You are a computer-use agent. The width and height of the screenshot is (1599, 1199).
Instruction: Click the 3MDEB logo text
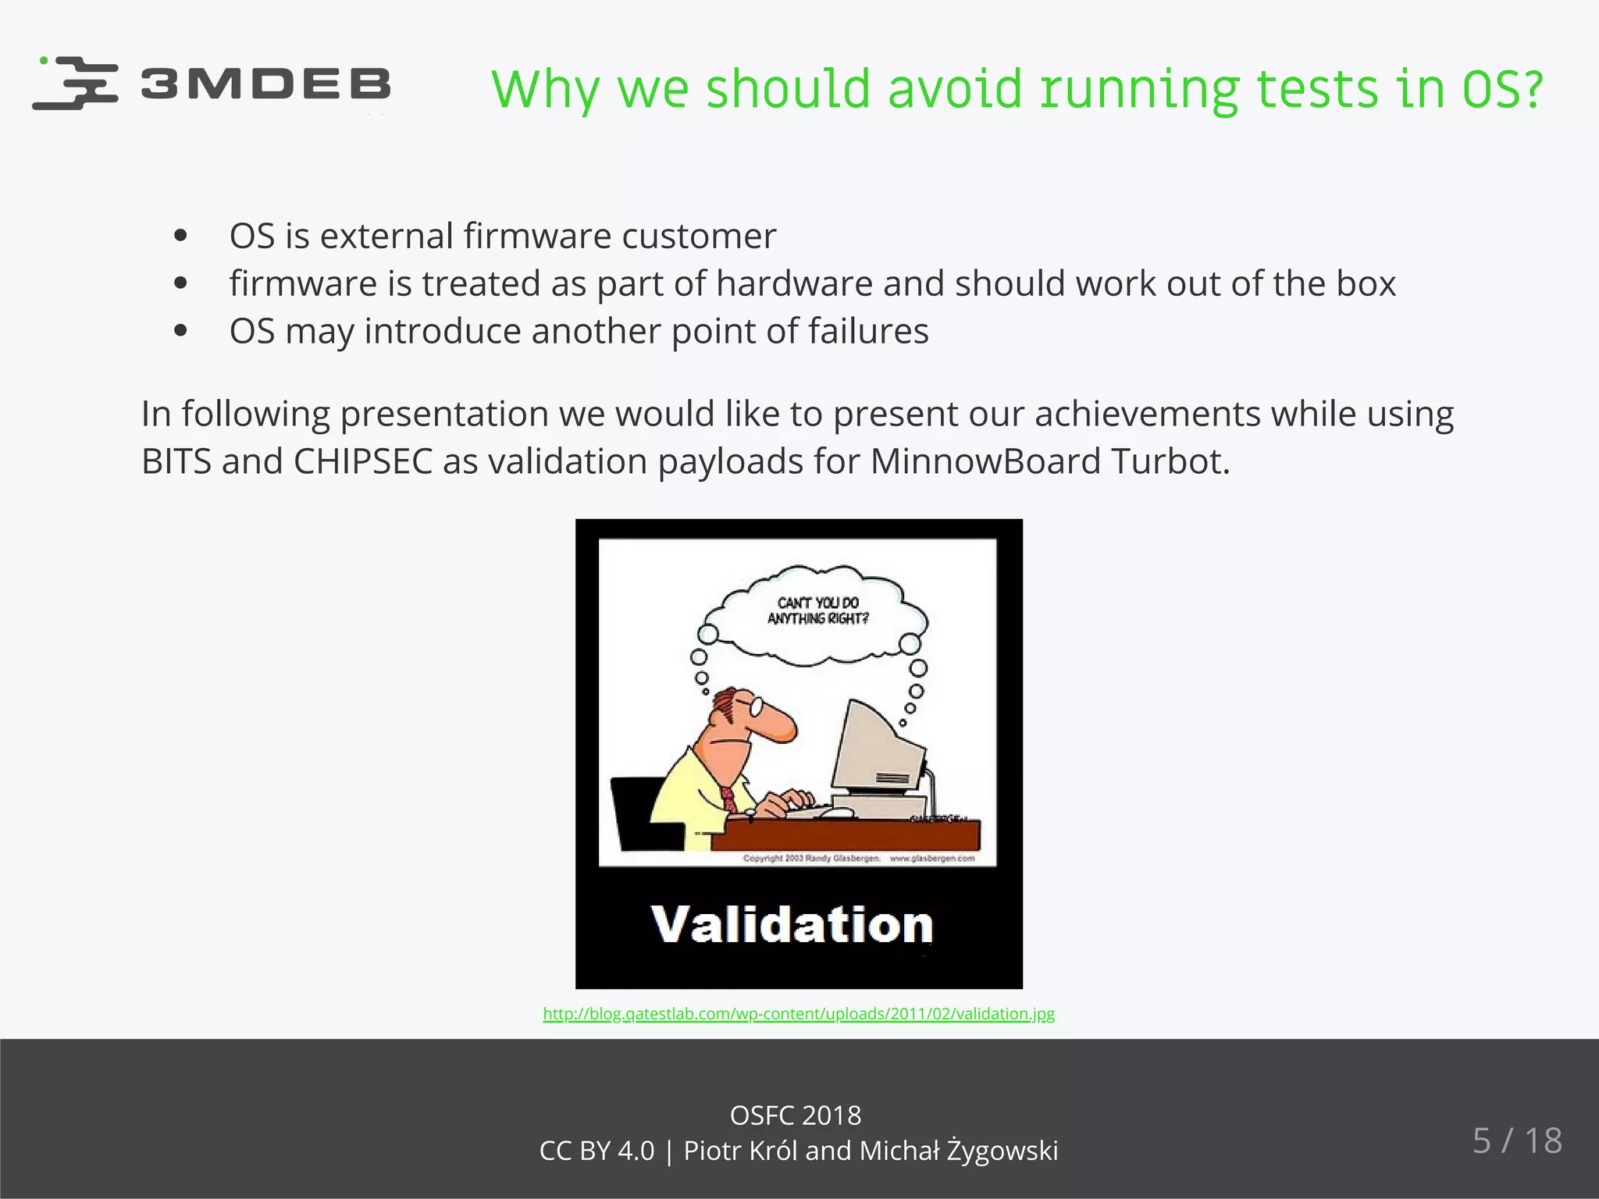[265, 84]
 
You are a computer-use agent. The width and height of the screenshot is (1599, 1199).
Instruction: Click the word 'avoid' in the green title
[954, 89]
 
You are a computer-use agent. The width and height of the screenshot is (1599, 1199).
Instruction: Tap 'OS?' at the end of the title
[1502, 89]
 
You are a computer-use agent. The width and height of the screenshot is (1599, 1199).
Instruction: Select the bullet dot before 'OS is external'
[181, 236]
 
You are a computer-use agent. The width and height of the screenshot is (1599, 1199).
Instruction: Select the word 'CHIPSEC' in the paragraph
[363, 461]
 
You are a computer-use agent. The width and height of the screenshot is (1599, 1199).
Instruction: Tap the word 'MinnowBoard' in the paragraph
[985, 461]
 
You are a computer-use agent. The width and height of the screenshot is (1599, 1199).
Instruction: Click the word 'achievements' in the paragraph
[1147, 414]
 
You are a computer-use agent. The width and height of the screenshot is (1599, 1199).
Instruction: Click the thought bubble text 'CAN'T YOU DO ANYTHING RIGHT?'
[817, 610]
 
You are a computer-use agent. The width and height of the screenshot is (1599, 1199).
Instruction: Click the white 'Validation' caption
[792, 925]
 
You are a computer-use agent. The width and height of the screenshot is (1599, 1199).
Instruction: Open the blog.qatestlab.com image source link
[799, 1014]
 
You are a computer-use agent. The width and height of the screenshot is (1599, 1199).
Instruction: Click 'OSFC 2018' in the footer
[795, 1115]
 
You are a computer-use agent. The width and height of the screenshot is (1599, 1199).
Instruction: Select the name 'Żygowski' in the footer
[1002, 1151]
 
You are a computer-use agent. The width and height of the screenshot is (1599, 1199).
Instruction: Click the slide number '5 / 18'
[1517, 1140]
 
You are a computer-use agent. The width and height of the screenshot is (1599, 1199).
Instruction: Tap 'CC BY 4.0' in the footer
[597, 1151]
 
